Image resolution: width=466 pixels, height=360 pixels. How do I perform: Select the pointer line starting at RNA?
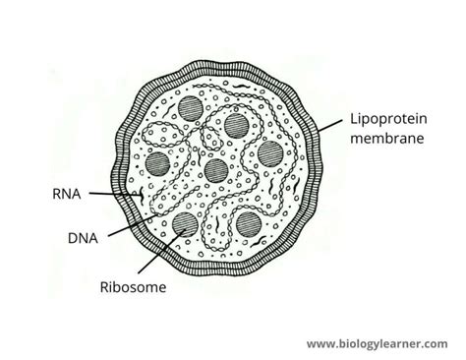[x=113, y=197]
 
